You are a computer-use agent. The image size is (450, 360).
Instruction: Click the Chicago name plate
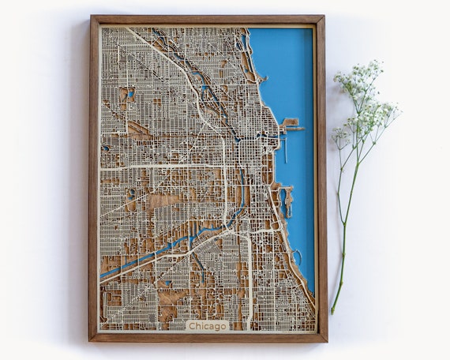point(207,325)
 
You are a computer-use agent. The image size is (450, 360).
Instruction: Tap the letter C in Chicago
point(191,325)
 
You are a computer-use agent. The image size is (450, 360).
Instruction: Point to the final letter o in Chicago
point(224,326)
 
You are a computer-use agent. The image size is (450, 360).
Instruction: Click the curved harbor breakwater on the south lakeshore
point(298,257)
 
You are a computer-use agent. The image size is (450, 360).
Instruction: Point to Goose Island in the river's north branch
point(211,95)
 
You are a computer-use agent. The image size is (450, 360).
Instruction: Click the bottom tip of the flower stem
point(333,312)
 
